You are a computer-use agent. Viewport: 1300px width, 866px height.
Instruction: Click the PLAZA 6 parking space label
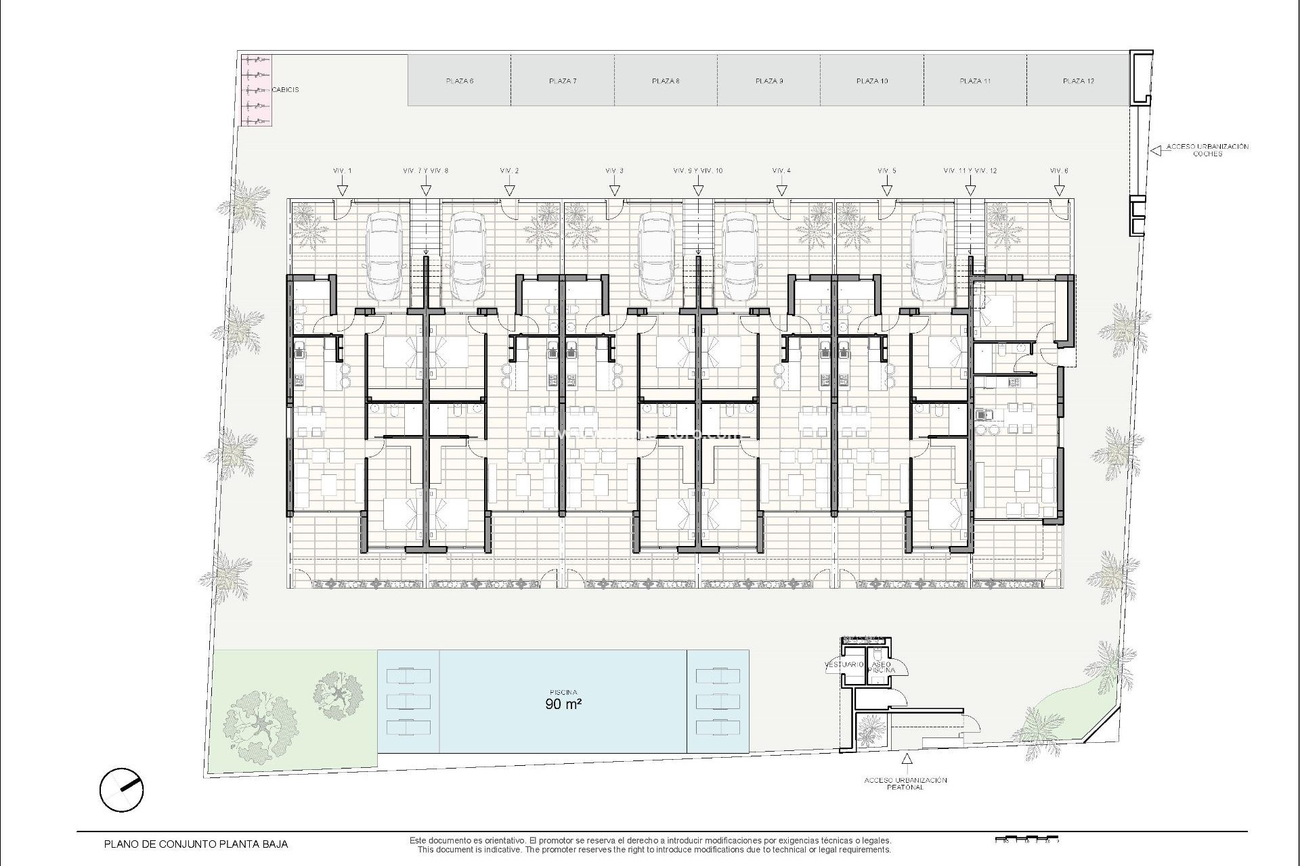[x=460, y=81]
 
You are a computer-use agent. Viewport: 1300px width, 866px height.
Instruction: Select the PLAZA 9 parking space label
[x=769, y=81]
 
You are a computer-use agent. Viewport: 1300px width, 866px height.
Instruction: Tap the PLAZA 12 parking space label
[x=1078, y=81]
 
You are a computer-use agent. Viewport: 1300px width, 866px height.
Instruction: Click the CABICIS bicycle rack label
[x=285, y=89]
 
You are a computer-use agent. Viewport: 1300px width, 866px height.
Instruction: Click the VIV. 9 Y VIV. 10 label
[x=698, y=170]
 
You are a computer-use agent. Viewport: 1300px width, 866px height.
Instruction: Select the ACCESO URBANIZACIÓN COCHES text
[x=1207, y=150]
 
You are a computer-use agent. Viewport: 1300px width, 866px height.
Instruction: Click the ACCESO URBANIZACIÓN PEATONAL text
[x=905, y=783]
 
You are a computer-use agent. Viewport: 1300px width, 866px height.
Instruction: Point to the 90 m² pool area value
[x=563, y=704]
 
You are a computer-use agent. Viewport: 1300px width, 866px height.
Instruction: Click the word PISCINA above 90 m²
[x=563, y=692]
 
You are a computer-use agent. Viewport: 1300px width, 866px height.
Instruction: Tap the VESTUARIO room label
[x=844, y=664]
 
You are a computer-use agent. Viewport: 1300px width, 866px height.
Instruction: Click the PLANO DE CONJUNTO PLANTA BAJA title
[x=196, y=844]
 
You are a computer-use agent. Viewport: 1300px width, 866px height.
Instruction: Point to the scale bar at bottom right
[x=1026, y=841]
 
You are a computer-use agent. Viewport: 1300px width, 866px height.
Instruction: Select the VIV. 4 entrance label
[x=781, y=170]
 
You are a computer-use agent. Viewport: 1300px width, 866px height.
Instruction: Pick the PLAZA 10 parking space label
[x=872, y=81]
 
